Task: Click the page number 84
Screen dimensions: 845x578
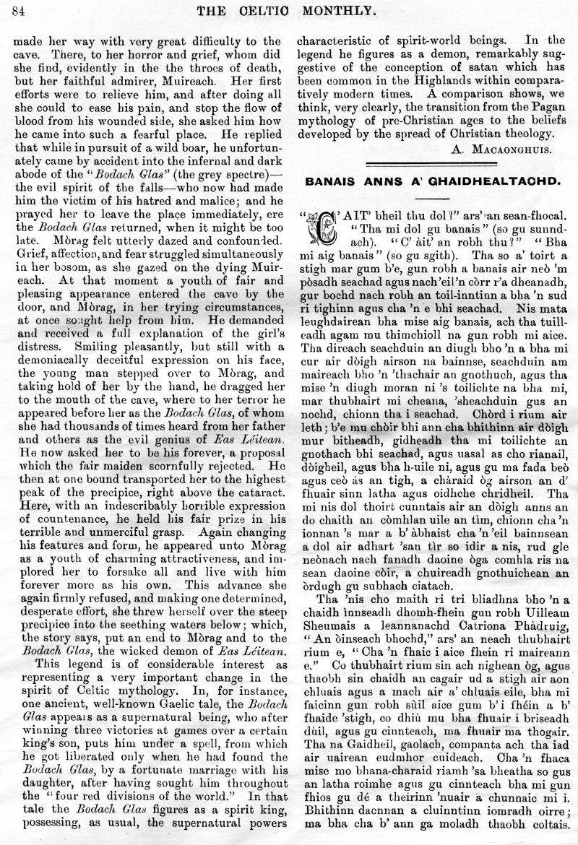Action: coord(20,9)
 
